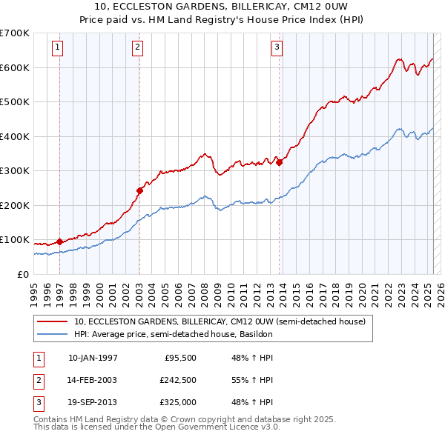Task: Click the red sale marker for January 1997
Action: pyautogui.click(x=60, y=241)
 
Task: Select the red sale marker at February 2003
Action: pyautogui.click(x=139, y=190)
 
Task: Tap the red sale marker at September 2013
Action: pyautogui.click(x=279, y=162)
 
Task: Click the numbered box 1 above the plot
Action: pyautogui.click(x=57, y=47)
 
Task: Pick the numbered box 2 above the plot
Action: pyautogui.click(x=137, y=47)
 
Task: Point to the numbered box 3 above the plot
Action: pyautogui.click(x=276, y=47)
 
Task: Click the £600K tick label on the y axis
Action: pyautogui.click(x=14, y=67)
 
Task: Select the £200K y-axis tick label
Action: pyautogui.click(x=14, y=205)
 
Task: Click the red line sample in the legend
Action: pyautogui.click(x=53, y=322)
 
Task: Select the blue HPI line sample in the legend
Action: pyautogui.click(x=53, y=334)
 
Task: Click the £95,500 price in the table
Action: pyautogui.click(x=179, y=357)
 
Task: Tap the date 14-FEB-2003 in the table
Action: pyautogui.click(x=92, y=380)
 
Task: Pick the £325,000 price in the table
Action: pyautogui.click(x=179, y=403)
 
